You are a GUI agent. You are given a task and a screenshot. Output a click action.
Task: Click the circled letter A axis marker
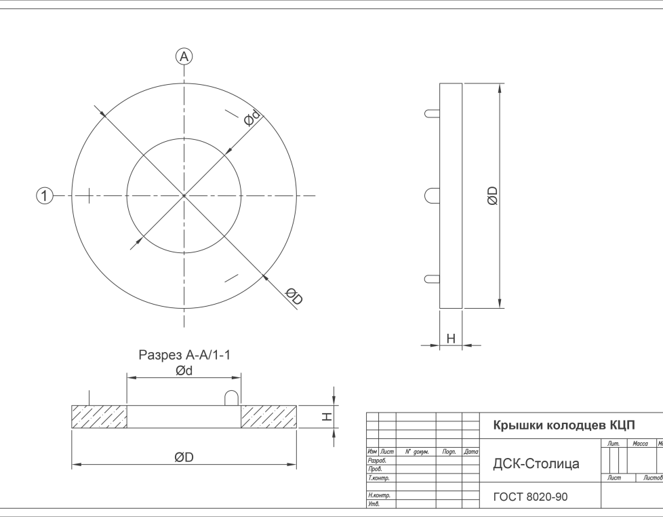click(184, 57)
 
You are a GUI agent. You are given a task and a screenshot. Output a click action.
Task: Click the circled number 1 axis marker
click(44, 196)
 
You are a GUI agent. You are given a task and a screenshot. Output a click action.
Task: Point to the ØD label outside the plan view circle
click(294, 296)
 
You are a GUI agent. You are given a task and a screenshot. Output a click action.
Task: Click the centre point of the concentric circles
click(184, 196)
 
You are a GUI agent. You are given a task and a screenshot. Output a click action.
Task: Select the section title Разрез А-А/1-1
click(184, 355)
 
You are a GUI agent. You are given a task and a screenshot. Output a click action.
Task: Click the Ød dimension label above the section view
click(184, 371)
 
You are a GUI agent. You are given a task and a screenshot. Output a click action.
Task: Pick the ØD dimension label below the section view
click(184, 457)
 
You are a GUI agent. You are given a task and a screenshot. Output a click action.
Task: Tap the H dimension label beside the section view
click(327, 417)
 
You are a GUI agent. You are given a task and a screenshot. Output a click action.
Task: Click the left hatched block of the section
click(100, 417)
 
